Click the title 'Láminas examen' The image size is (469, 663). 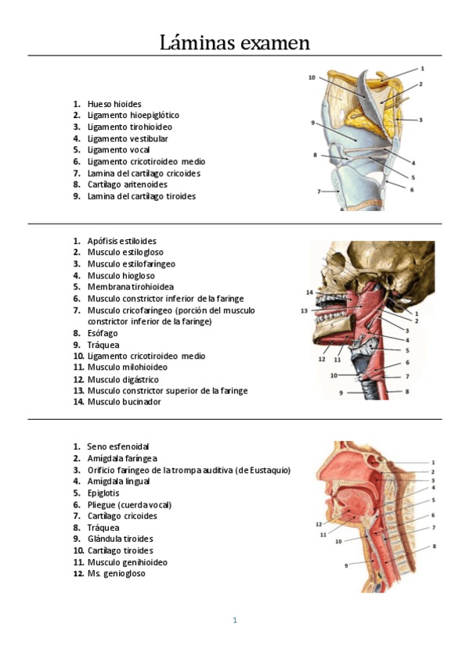click(x=234, y=42)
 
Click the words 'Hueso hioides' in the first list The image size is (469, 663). click(x=114, y=104)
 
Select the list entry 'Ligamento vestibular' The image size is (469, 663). click(x=128, y=138)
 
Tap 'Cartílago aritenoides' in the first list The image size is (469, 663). click(x=127, y=185)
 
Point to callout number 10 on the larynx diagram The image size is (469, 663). click(x=312, y=77)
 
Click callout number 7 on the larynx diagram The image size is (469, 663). click(x=319, y=191)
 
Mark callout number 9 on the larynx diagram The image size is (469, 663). click(x=312, y=123)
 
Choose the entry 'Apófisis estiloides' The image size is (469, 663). click(x=121, y=242)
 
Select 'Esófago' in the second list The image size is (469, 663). click(x=103, y=333)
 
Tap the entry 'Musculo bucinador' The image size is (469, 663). click(x=124, y=402)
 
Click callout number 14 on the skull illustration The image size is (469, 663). click(x=309, y=292)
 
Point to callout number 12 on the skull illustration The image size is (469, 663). click(x=322, y=360)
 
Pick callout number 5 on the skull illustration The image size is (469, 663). click(x=407, y=350)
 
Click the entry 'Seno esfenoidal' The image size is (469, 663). click(x=118, y=446)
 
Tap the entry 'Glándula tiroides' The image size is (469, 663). click(x=120, y=539)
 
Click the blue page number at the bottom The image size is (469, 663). click(x=234, y=620)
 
